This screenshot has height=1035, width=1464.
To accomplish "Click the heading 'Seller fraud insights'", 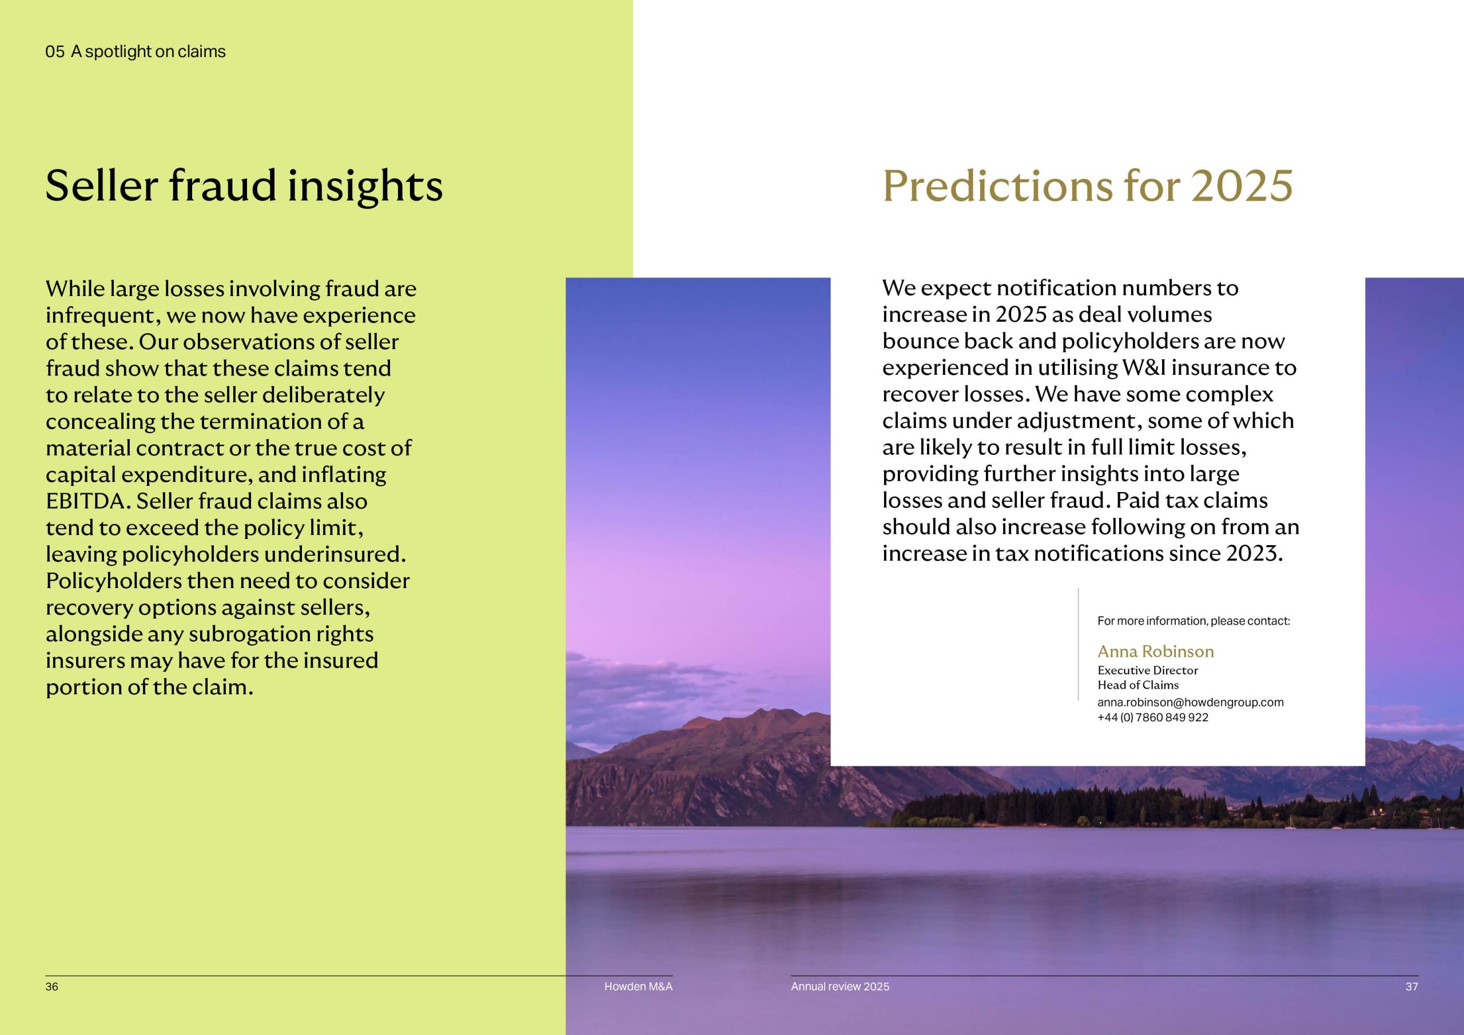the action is (244, 186).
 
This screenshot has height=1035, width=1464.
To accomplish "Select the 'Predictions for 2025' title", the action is (1088, 186).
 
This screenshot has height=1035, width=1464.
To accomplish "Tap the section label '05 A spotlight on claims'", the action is (135, 51).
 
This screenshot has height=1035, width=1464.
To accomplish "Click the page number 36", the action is (51, 986).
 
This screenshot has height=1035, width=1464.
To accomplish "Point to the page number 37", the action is (1412, 986).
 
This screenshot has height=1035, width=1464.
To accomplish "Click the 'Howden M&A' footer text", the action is (638, 986).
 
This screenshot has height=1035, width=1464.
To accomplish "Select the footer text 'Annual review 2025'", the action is (840, 986).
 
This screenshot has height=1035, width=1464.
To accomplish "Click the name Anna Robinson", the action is (1155, 652).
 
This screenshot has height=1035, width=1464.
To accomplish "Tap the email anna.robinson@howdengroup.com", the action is (1191, 702).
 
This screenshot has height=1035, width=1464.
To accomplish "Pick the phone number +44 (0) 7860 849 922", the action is (1153, 718).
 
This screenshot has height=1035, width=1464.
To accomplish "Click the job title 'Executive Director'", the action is (1148, 670).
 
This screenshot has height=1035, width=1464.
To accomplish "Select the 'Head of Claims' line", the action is (1138, 685).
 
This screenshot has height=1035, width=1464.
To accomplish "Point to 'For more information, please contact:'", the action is (1194, 621).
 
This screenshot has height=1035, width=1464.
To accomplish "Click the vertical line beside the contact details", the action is (1078, 644).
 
